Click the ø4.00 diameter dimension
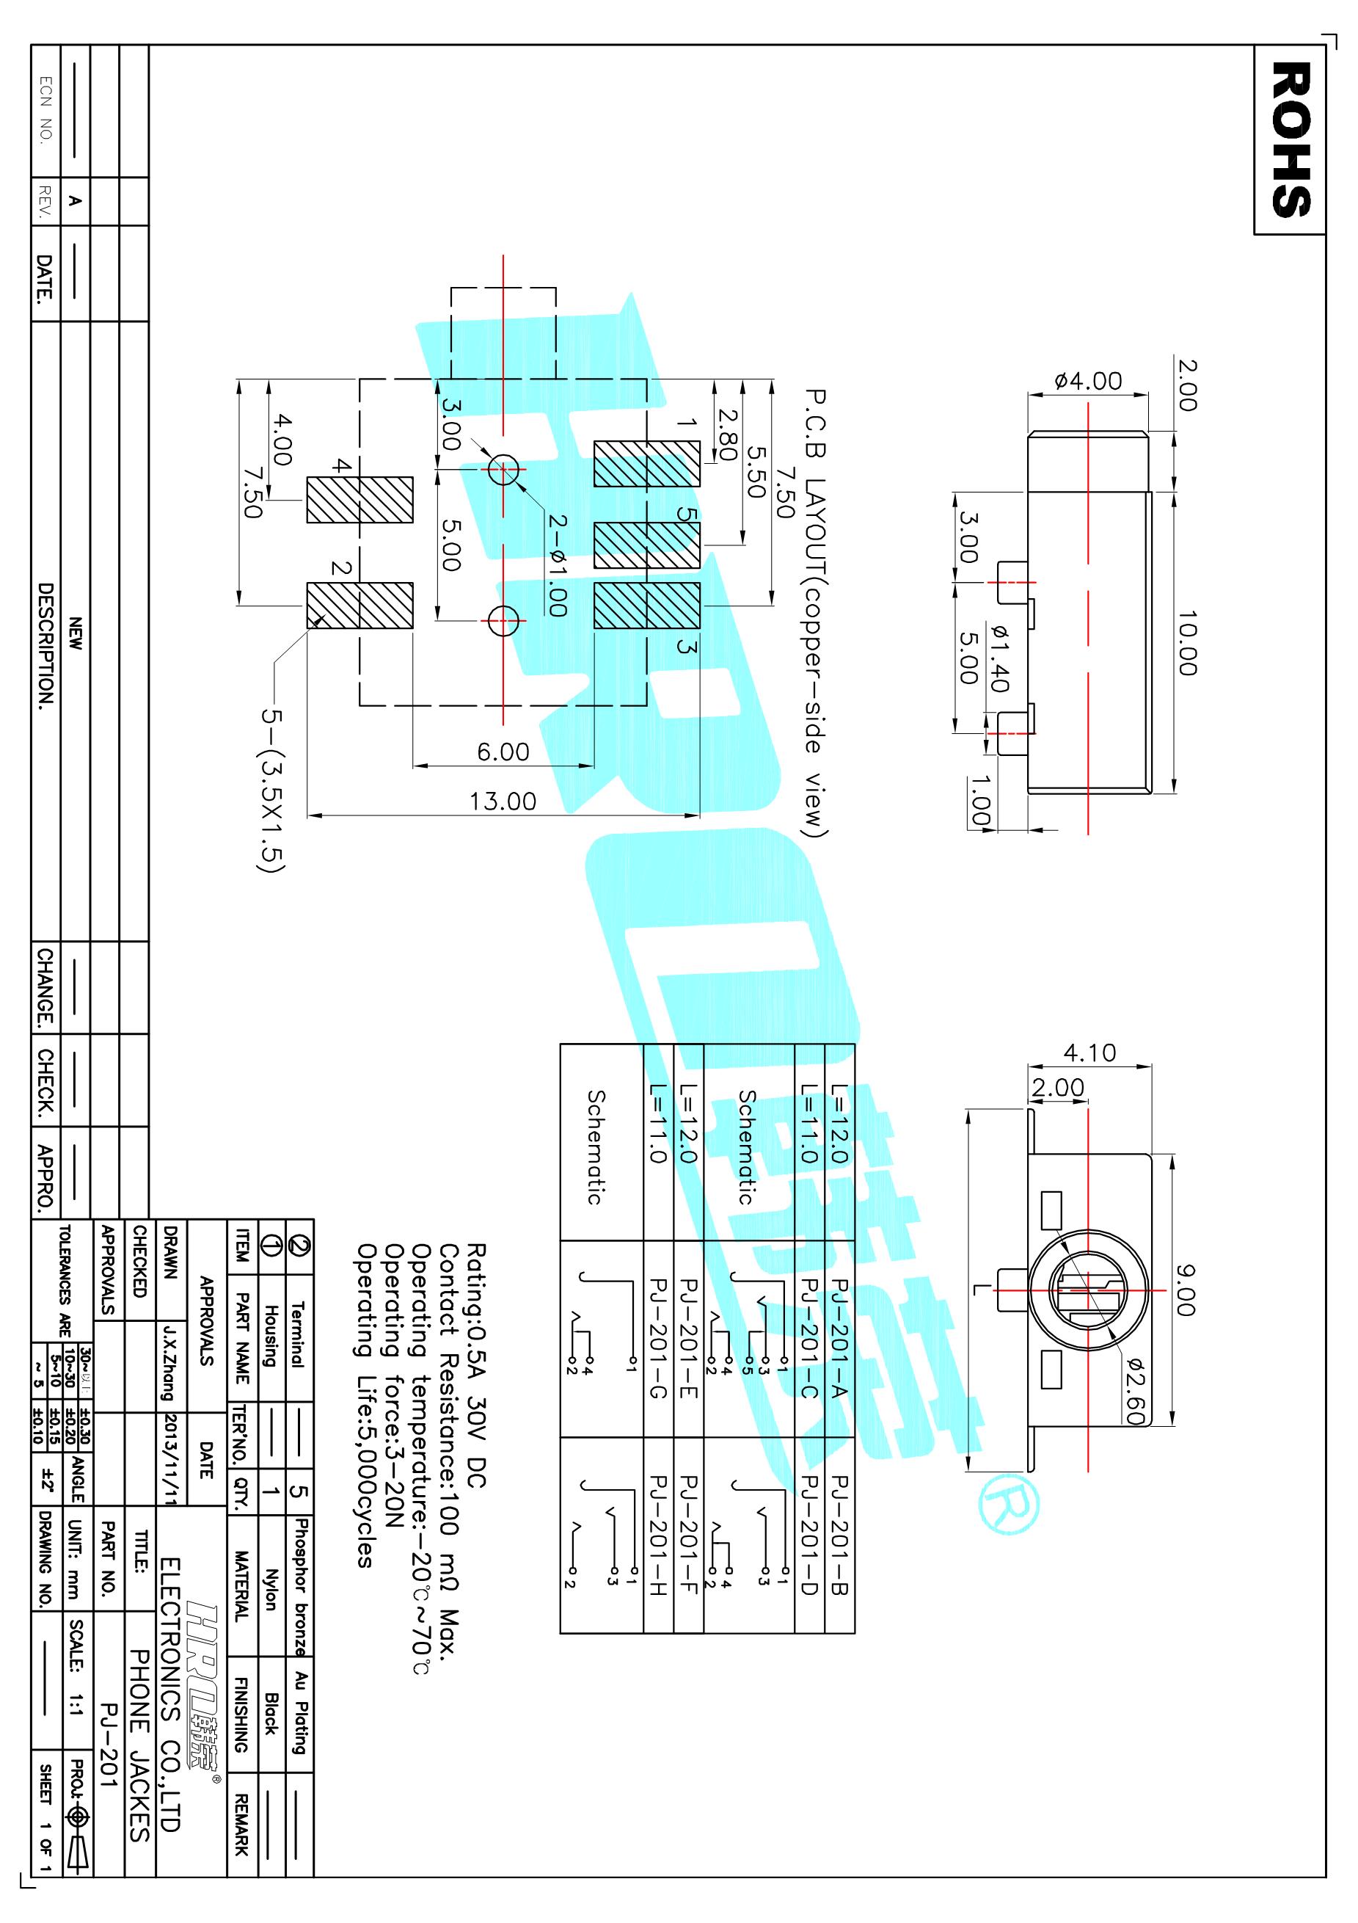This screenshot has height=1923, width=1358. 1089,381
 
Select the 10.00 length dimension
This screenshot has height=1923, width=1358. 1187,642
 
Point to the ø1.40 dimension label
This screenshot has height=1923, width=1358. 998,658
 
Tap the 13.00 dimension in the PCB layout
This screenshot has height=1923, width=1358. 503,801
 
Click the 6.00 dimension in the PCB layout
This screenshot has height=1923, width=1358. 503,752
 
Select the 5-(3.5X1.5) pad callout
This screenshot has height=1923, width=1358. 272,791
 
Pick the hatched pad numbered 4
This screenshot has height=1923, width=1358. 360,500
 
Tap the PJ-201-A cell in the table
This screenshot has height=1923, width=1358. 840,1337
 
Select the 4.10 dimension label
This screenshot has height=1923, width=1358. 1089,1052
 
